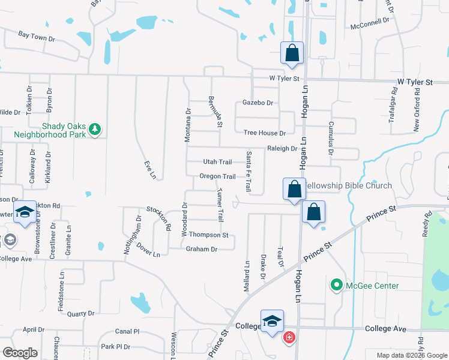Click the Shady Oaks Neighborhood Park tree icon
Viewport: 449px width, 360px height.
94,129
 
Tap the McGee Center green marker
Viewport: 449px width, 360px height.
336,286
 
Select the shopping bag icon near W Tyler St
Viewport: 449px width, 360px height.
292,52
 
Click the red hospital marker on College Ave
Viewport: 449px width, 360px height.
289,338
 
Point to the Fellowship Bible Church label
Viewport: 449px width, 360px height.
348,186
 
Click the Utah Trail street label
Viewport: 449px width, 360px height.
217,162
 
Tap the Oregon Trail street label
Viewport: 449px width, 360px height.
217,176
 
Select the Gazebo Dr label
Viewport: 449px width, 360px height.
258,103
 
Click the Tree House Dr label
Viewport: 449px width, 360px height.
264,133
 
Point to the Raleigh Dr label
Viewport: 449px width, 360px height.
282,148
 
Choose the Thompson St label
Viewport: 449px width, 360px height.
209,235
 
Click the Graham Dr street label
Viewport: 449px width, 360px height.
201,249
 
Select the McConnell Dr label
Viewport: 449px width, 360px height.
370,19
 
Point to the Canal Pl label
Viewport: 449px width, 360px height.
127,331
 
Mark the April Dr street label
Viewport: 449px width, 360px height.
34,330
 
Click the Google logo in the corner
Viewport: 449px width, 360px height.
20,353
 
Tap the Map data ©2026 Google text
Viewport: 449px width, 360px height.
411,355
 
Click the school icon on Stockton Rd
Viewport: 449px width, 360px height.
25,212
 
